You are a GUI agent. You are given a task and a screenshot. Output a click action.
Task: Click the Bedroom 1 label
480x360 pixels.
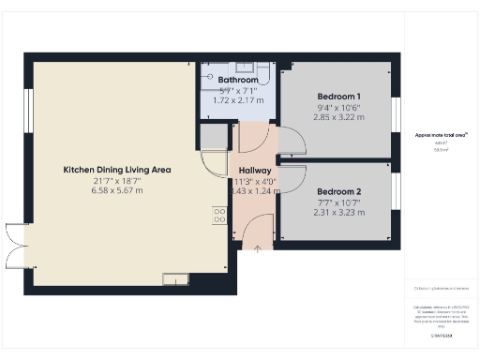(339, 97)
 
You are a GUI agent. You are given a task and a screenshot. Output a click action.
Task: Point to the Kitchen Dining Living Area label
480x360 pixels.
(116, 170)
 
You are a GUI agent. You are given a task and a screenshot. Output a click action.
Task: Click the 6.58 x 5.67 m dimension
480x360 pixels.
(116, 190)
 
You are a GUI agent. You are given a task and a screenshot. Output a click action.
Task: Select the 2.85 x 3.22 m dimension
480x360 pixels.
(339, 119)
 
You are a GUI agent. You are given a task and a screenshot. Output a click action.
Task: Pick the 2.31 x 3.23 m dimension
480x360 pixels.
(339, 213)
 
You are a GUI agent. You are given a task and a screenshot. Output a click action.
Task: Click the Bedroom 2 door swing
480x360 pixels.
(292, 175)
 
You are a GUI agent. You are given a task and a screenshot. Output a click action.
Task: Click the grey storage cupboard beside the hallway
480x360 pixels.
(214, 137)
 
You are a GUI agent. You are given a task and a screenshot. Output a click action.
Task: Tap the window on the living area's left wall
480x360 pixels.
(29, 112)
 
